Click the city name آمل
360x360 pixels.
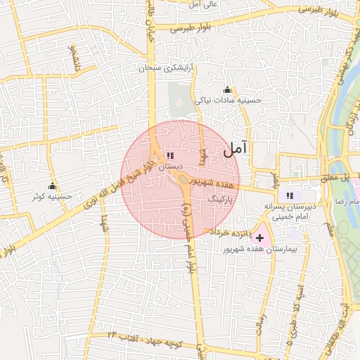click(x=236, y=149)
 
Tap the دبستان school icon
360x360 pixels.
click(x=169, y=156)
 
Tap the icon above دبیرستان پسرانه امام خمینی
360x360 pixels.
click(x=290, y=195)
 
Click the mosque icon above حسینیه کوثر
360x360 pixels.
click(x=52, y=186)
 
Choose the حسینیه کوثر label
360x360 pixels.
click(x=52, y=198)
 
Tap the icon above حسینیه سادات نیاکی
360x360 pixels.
click(x=227, y=89)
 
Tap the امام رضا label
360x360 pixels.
click(x=344, y=202)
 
